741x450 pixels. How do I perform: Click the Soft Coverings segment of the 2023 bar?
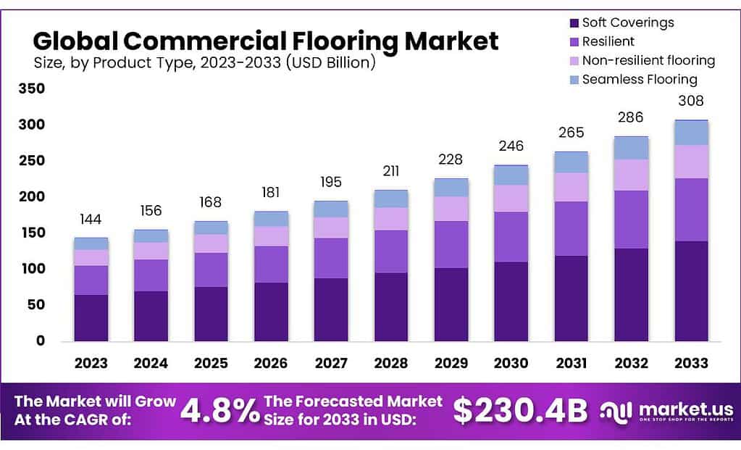point(91,317)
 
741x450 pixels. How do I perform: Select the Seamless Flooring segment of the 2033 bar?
point(691,133)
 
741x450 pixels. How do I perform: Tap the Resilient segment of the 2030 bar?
point(511,236)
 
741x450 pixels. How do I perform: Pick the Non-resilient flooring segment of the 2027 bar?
point(331,228)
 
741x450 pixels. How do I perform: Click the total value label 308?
point(691,101)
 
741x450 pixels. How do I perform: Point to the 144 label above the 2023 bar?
point(91,219)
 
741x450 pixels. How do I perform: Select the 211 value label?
point(391,171)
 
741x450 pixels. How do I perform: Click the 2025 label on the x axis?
point(211,362)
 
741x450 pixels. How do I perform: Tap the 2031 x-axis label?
point(571,362)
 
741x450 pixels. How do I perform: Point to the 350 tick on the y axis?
point(31,89)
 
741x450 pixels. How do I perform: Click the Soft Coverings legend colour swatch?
point(574,22)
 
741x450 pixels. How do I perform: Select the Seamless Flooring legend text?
point(639,79)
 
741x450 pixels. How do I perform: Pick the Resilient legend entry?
point(608,41)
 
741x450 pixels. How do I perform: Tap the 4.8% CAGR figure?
point(219,411)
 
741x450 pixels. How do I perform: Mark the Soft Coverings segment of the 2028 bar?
point(391,307)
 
